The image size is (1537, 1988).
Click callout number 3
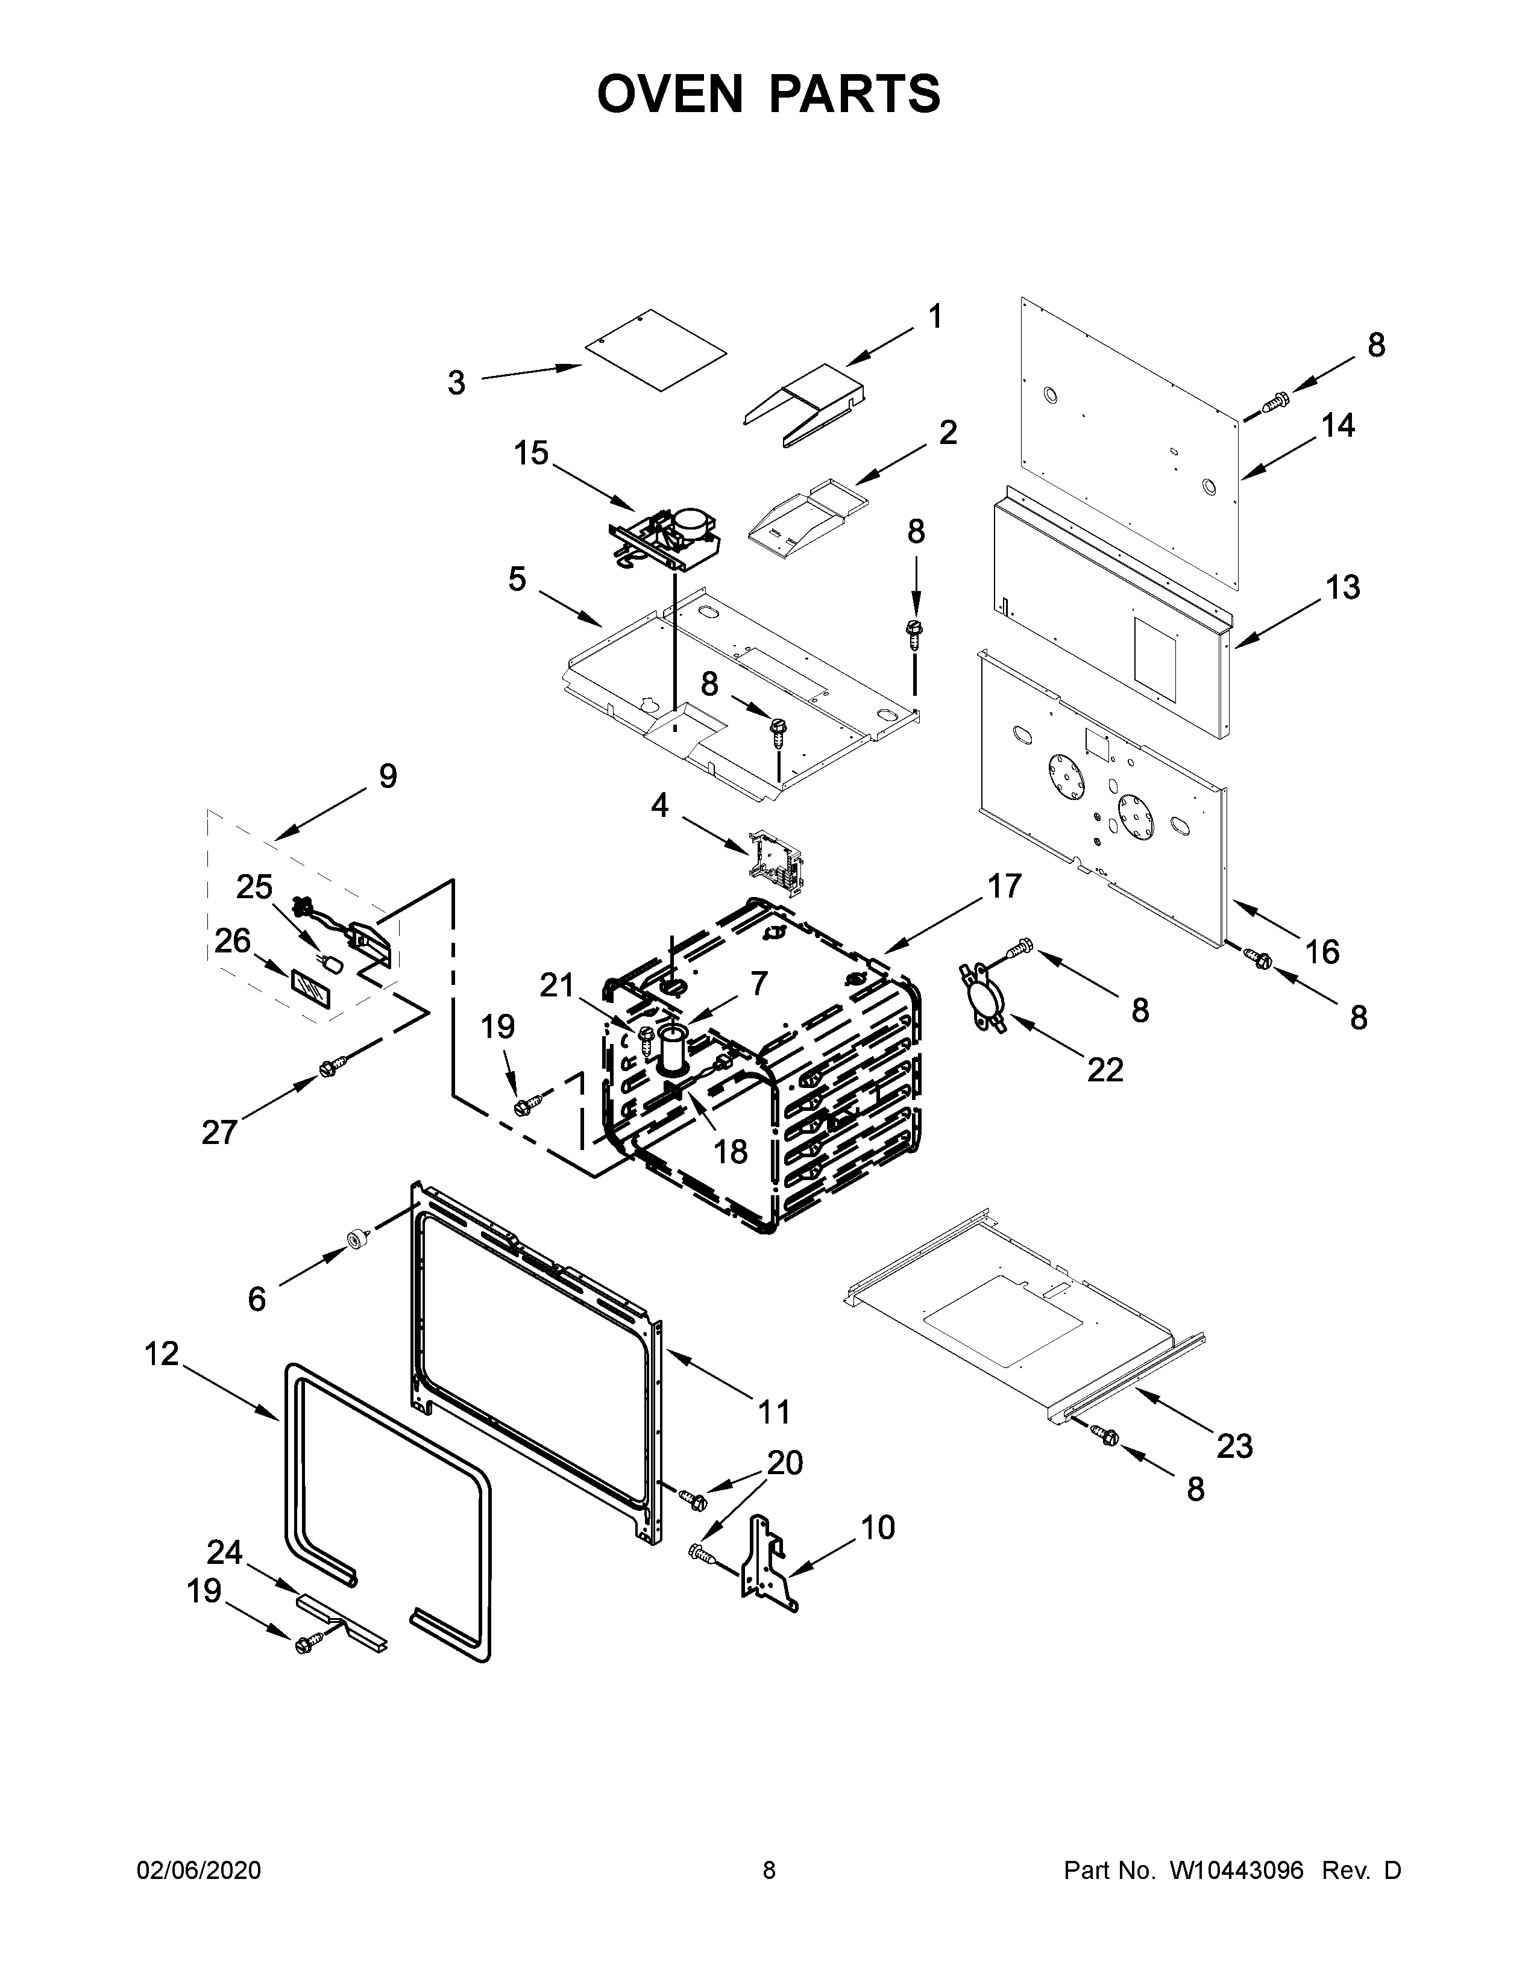click(x=456, y=383)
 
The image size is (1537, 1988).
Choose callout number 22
click(x=1104, y=1069)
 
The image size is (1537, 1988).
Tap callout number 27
click(x=219, y=1133)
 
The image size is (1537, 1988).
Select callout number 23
click(x=1234, y=1445)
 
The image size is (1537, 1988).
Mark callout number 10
click(x=877, y=1527)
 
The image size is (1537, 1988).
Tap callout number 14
click(x=1337, y=425)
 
